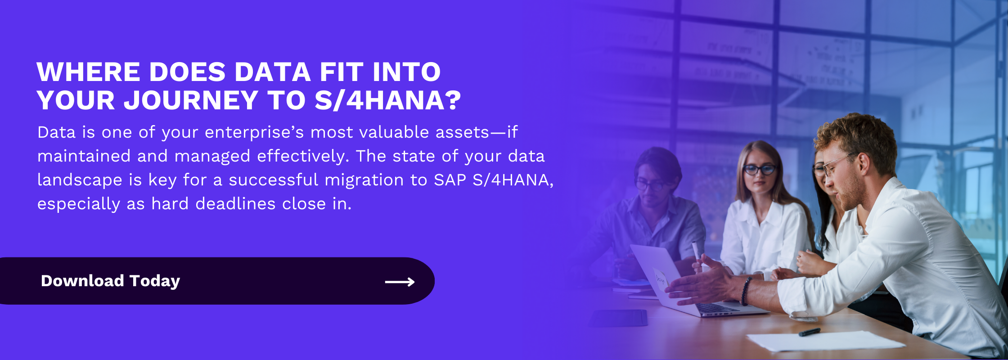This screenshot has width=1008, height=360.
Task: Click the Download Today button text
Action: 110,281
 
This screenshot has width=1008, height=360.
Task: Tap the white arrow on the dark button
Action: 400,282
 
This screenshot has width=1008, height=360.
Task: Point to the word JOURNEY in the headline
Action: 191,100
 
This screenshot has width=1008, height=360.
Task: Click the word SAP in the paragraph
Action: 450,180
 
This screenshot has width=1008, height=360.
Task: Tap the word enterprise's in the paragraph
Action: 254,133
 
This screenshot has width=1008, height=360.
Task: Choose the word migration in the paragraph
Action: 364,180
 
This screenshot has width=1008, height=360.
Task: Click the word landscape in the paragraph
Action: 80,180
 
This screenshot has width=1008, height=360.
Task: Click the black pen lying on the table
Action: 809,332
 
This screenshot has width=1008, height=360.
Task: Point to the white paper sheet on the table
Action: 826,341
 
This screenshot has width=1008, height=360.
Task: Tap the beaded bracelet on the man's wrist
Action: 745,291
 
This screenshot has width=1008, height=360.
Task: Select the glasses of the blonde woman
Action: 760,170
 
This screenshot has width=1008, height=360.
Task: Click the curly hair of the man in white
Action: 857,137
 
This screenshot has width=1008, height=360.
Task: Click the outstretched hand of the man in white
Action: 702,283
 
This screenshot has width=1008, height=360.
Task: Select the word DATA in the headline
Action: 273,72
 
